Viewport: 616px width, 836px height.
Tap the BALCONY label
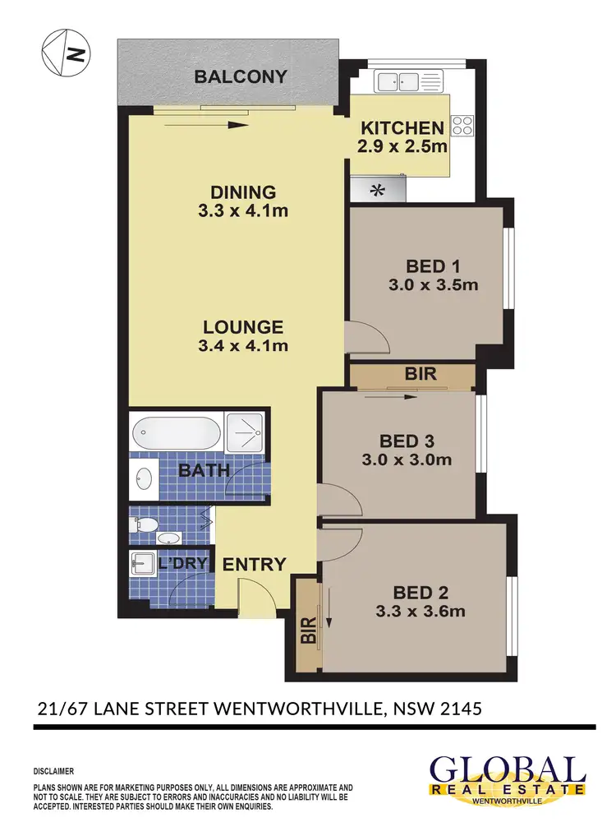click(241, 77)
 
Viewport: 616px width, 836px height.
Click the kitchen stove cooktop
click(462, 125)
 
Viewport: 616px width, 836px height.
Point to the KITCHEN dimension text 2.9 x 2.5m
click(402, 147)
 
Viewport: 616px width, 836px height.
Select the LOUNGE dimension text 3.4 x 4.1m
click(243, 346)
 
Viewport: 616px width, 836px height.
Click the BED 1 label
click(432, 266)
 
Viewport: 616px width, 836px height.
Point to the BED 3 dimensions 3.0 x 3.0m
click(407, 460)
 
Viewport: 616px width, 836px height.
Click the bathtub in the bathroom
click(177, 431)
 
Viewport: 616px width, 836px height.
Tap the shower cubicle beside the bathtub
click(246, 431)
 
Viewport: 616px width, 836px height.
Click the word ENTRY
click(255, 564)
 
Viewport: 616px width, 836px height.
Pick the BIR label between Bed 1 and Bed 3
click(421, 374)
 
